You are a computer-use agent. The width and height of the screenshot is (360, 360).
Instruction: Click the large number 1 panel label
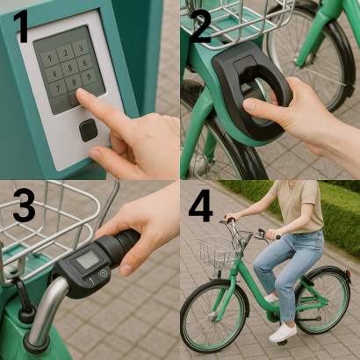click(21, 25)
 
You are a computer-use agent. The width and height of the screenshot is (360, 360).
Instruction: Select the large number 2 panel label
click(201, 26)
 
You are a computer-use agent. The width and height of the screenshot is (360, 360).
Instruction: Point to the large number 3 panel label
click(24, 205)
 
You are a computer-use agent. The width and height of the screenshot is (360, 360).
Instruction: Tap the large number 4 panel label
click(201, 205)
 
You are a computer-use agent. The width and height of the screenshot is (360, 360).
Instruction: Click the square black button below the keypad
click(89, 130)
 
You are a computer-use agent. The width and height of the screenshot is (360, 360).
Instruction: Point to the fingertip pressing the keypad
click(82, 94)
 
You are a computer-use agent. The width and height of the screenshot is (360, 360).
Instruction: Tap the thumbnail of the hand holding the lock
click(248, 104)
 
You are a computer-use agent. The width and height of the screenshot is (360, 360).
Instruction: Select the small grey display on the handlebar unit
click(88, 259)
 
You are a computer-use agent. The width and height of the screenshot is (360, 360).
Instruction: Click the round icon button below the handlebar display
click(103, 274)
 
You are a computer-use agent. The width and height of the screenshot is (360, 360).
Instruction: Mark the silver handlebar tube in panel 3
click(47, 310)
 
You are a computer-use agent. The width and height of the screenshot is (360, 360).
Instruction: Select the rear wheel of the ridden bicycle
click(323, 300)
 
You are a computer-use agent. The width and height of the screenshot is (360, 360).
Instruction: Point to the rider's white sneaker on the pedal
click(283, 332)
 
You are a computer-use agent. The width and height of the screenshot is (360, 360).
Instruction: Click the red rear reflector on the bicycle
click(349, 275)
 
